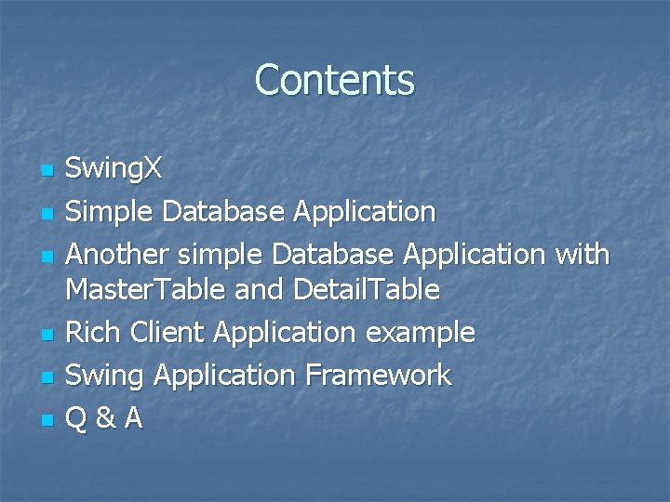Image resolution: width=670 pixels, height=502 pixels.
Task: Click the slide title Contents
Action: [x=334, y=80]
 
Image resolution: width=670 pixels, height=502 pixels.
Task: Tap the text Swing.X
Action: [x=114, y=169]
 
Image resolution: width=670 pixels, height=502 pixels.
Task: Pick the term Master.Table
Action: [x=145, y=290]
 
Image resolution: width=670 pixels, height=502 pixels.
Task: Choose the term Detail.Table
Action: [x=366, y=290]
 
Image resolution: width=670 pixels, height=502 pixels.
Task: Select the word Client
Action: [x=159, y=332]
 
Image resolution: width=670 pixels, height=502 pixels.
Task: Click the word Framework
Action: [x=377, y=376]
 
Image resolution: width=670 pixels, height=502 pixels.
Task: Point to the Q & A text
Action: [x=104, y=418]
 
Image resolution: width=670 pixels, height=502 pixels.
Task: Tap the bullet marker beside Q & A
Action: [x=45, y=421]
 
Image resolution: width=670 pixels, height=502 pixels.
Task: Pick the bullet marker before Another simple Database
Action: [x=45, y=256]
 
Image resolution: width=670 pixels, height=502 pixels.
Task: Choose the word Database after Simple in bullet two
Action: [x=221, y=212]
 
